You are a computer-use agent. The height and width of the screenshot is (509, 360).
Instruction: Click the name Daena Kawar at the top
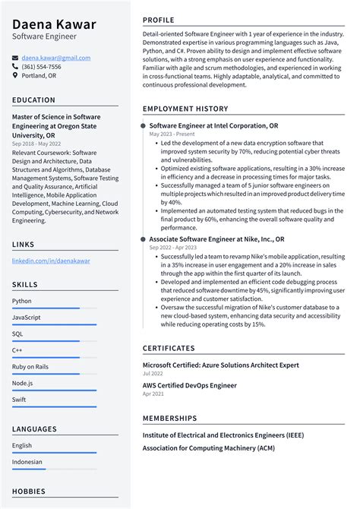click(54, 24)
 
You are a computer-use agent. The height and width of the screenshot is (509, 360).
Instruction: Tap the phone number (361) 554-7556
click(41, 66)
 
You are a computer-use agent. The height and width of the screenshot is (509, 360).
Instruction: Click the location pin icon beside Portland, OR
click(15, 76)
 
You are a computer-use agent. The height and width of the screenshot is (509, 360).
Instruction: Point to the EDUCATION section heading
click(33, 100)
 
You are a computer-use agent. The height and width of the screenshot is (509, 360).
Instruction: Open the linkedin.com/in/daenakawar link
click(51, 261)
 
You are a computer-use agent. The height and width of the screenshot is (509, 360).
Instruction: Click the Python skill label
click(22, 301)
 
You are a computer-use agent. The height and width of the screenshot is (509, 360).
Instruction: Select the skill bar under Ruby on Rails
click(54, 374)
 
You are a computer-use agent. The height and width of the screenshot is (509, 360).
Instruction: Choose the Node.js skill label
click(23, 383)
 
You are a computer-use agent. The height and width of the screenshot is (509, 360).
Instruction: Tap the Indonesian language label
click(27, 461)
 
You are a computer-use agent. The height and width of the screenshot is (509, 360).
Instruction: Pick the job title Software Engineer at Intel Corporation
click(213, 125)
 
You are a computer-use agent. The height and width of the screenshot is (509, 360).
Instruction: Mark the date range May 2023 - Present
click(172, 134)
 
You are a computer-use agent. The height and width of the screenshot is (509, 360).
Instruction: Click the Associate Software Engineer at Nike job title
click(216, 239)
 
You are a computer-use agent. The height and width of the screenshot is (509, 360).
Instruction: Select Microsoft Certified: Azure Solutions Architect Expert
click(220, 365)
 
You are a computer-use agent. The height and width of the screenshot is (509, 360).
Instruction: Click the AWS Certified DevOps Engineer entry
click(189, 385)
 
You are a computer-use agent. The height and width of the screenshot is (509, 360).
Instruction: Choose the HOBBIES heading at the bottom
click(29, 492)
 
